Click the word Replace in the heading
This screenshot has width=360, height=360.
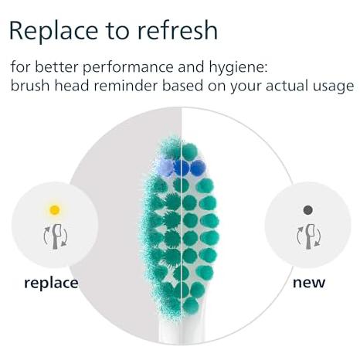coord(53,31)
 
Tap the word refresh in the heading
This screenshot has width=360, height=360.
coord(178,30)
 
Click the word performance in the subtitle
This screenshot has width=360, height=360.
coord(128,68)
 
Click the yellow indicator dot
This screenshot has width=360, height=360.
coord(55,209)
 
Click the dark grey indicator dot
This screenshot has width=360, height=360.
coord(308,210)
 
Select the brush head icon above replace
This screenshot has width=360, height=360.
coord(56,236)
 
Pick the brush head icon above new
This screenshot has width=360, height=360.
coord(309,236)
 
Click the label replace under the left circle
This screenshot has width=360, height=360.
coord(51,284)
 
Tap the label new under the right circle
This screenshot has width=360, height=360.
coord(309,283)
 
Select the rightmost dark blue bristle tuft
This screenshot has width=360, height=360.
coord(198,168)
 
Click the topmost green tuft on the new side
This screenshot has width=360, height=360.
coord(189,151)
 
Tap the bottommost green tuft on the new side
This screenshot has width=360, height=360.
coord(191,305)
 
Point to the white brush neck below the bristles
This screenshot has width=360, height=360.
coord(182,330)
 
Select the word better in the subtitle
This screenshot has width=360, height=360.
coord(56,67)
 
